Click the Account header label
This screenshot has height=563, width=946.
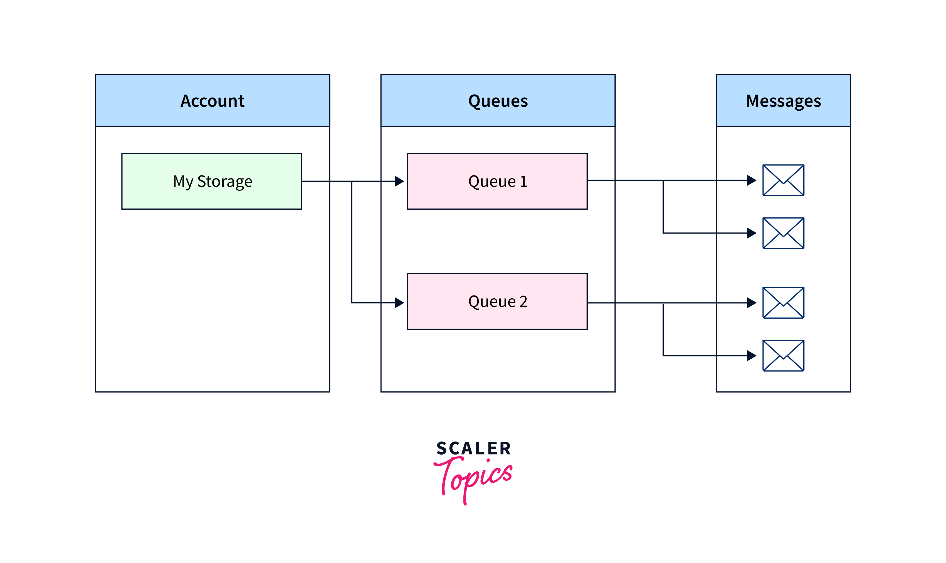[x=212, y=101]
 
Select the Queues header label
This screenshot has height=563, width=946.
[x=498, y=101]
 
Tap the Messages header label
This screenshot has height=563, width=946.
[x=783, y=101]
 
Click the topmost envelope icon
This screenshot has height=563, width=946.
[x=783, y=180]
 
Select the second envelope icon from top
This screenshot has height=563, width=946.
[x=783, y=233]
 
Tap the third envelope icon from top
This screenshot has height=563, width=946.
[x=783, y=303]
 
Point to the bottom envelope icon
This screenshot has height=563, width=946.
[x=783, y=356]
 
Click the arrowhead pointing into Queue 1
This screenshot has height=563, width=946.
[x=399, y=181]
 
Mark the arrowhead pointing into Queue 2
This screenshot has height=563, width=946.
[x=399, y=303]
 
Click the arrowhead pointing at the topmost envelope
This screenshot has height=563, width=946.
[x=751, y=180]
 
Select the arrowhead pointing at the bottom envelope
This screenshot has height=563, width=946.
[x=751, y=356]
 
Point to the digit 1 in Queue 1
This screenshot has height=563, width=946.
[x=524, y=181]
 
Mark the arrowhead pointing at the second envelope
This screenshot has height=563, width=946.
[x=751, y=233]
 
